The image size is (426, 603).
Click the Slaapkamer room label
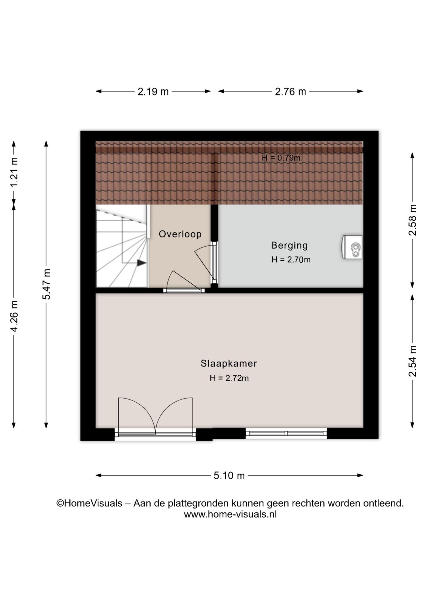click(x=229, y=364)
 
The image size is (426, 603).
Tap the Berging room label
click(x=289, y=245)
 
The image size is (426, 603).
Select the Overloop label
click(x=180, y=234)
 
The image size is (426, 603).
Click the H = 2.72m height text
click(x=229, y=378)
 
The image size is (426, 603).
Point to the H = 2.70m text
click(x=291, y=260)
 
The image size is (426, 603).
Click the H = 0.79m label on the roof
click(x=281, y=158)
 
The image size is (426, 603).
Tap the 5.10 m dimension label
click(x=229, y=475)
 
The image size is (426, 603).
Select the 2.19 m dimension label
click(x=153, y=92)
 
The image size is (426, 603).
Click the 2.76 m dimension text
click(x=290, y=92)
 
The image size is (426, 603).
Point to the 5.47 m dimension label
click(x=46, y=284)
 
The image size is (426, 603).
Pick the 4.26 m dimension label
click(x=14, y=316)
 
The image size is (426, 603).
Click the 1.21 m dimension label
click(x=14, y=172)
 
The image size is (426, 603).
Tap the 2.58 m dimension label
click(x=412, y=220)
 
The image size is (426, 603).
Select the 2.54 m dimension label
click(x=412, y=361)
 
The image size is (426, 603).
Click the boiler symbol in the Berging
click(x=352, y=247)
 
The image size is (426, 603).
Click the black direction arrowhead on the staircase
click(x=141, y=263)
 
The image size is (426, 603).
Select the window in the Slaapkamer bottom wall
click(x=286, y=433)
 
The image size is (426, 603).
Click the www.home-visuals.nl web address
click(x=230, y=514)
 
